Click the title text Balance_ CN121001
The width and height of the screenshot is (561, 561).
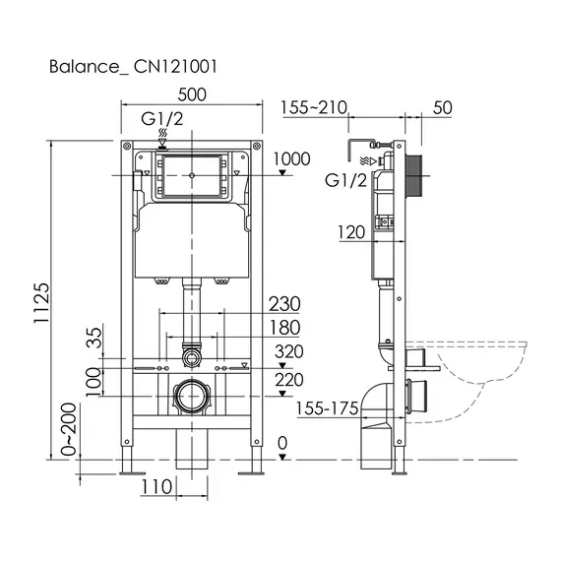[133, 67]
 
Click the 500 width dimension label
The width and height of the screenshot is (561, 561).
[192, 94]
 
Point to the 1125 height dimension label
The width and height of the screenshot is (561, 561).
[41, 303]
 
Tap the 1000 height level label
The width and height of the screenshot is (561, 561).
[292, 158]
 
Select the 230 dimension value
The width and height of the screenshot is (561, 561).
[284, 304]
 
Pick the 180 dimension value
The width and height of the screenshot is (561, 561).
[284, 328]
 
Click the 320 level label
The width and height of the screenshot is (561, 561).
[289, 351]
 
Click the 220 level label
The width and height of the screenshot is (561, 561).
[289, 380]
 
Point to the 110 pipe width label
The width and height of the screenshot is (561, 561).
[157, 487]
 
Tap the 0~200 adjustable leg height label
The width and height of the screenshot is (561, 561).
[69, 429]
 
